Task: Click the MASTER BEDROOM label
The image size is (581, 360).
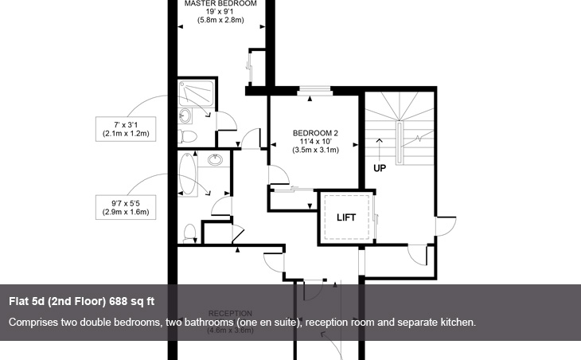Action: point(220,4)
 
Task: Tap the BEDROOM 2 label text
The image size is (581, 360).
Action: point(316,133)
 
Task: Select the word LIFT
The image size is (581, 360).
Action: point(345,217)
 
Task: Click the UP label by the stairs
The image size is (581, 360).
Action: point(380,169)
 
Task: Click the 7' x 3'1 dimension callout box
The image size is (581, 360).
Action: point(126,128)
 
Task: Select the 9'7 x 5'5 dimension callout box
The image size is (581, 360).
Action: point(126,206)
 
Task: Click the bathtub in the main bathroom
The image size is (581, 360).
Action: point(189,176)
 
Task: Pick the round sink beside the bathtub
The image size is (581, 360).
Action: point(215,161)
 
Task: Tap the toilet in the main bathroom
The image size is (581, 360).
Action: point(189,233)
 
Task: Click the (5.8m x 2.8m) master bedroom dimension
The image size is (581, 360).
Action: point(220,20)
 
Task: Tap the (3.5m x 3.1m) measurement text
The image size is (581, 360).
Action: point(316,150)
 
